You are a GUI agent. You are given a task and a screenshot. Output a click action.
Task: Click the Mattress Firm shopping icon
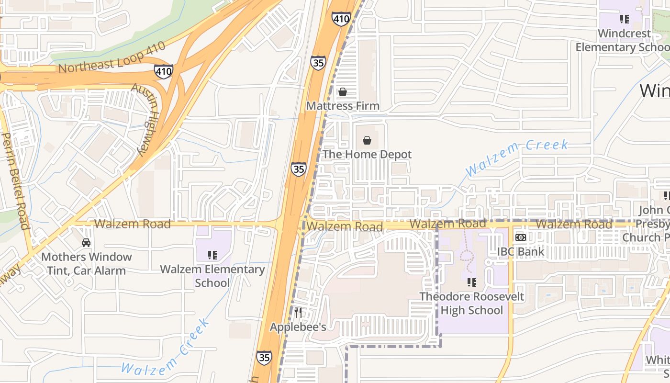pyautogui.click(x=342, y=91)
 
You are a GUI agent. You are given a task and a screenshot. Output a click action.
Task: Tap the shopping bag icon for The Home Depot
pyautogui.click(x=367, y=140)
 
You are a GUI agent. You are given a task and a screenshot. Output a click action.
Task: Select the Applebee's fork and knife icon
pyautogui.click(x=298, y=313)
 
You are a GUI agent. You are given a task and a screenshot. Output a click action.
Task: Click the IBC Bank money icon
pyautogui.click(x=521, y=237)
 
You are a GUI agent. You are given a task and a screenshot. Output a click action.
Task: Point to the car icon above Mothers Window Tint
pyautogui.click(x=86, y=243)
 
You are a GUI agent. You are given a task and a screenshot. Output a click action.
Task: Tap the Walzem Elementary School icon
pyautogui.click(x=212, y=255)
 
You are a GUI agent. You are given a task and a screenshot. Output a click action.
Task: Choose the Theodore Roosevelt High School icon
pyautogui.click(x=472, y=282)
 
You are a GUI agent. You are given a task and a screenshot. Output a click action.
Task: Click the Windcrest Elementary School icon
pyautogui.click(x=624, y=19)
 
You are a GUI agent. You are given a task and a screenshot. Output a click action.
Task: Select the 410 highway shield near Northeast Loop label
pyautogui.click(x=164, y=72)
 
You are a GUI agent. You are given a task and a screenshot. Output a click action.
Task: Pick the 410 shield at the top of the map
pyautogui.click(x=341, y=19)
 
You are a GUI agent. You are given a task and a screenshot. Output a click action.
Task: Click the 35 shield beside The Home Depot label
pyautogui.click(x=299, y=169)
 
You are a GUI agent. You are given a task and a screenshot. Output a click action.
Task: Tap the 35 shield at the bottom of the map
pyautogui.click(x=264, y=357)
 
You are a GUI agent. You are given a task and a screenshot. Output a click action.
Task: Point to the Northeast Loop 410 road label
pyautogui.click(x=112, y=57)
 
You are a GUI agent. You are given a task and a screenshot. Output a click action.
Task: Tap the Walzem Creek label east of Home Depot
pyautogui.click(x=517, y=157)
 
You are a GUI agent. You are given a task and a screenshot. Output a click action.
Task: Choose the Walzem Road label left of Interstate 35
pyautogui.click(x=132, y=224)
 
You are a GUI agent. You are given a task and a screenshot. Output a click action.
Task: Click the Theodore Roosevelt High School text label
pyautogui.click(x=472, y=303)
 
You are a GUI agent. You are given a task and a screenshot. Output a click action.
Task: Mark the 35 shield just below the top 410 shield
pyautogui.click(x=318, y=63)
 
